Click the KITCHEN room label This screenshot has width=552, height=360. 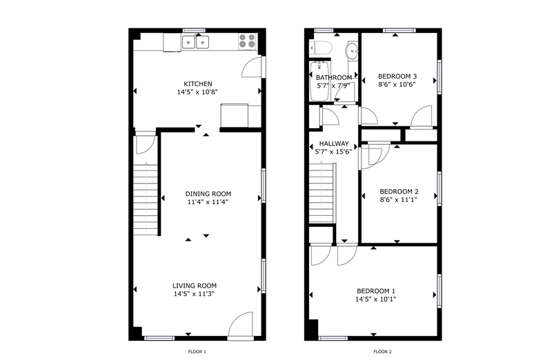pyautogui.click(x=198, y=83)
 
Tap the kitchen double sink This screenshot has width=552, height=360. pyautogui.click(x=195, y=42)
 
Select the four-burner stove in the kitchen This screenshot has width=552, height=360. pyautogui.click(x=247, y=41)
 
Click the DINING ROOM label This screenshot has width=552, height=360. pyautogui.click(x=208, y=194)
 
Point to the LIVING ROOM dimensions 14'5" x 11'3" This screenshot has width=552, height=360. pyautogui.click(x=195, y=294)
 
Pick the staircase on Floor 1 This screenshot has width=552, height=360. pyautogui.click(x=146, y=199)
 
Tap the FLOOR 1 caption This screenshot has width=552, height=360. pyautogui.click(x=197, y=352)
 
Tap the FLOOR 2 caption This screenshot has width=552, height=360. pyautogui.click(x=383, y=352)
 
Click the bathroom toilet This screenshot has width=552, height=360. pyautogui.click(x=321, y=48)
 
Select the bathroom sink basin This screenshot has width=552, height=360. pyautogui.click(x=352, y=51)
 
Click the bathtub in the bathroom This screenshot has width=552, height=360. pyautogui.click(x=319, y=81)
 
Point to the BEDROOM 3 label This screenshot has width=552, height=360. pyautogui.click(x=397, y=76)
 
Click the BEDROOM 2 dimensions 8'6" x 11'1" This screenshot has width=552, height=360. pyautogui.click(x=399, y=200)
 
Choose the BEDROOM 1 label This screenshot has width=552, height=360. pyautogui.click(x=376, y=291)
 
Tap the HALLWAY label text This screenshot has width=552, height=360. pyautogui.click(x=334, y=143)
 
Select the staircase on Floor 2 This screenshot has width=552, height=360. pyautogui.click(x=322, y=192)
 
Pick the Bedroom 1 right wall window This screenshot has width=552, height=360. pyautogui.click(x=440, y=291)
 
